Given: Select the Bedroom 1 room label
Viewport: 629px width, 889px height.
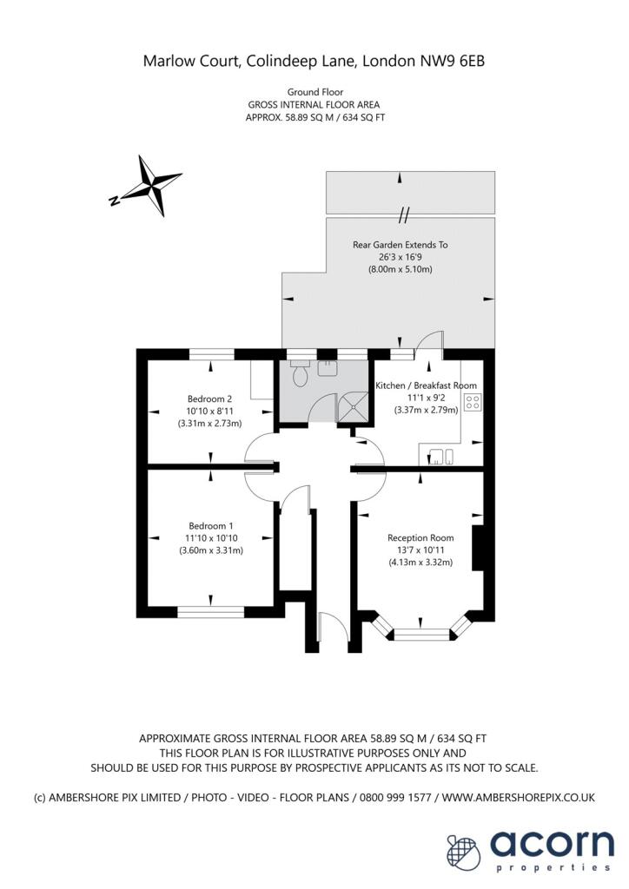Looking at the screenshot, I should pyautogui.click(x=211, y=525).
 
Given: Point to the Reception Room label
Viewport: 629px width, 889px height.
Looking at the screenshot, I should pyautogui.click(x=420, y=537).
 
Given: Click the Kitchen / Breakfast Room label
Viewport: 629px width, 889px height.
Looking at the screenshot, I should pyautogui.click(x=426, y=385).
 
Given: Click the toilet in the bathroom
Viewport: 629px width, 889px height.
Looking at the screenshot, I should pyautogui.click(x=300, y=375).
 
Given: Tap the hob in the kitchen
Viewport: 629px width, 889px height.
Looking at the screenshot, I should pyautogui.click(x=473, y=403).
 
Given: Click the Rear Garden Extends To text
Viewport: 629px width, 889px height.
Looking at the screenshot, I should pyautogui.click(x=400, y=245).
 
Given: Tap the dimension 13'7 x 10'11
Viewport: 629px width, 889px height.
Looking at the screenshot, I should pyautogui.click(x=420, y=550).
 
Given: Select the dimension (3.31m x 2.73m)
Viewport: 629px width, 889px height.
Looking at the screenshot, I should pyautogui.click(x=209, y=423).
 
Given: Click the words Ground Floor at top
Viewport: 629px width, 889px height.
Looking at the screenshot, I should pyautogui.click(x=314, y=91).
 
